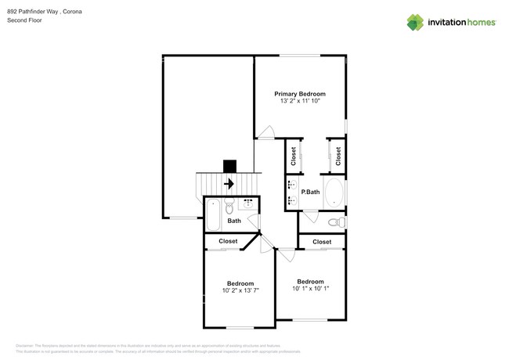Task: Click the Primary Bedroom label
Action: (300, 93)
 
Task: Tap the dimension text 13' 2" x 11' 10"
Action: (300, 101)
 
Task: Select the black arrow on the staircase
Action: (229, 185)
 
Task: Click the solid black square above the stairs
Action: (229, 166)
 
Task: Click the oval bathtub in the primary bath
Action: (334, 193)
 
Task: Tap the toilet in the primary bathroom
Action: (336, 223)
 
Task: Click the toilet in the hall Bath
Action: (229, 208)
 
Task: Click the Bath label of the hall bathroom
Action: (234, 221)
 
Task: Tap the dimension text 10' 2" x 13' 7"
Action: (240, 290)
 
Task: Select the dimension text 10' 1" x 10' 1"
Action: (310, 289)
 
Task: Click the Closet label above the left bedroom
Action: (228, 241)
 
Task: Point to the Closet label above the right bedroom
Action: (322, 242)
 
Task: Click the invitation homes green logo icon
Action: (415, 22)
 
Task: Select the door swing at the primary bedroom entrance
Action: (266, 131)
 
